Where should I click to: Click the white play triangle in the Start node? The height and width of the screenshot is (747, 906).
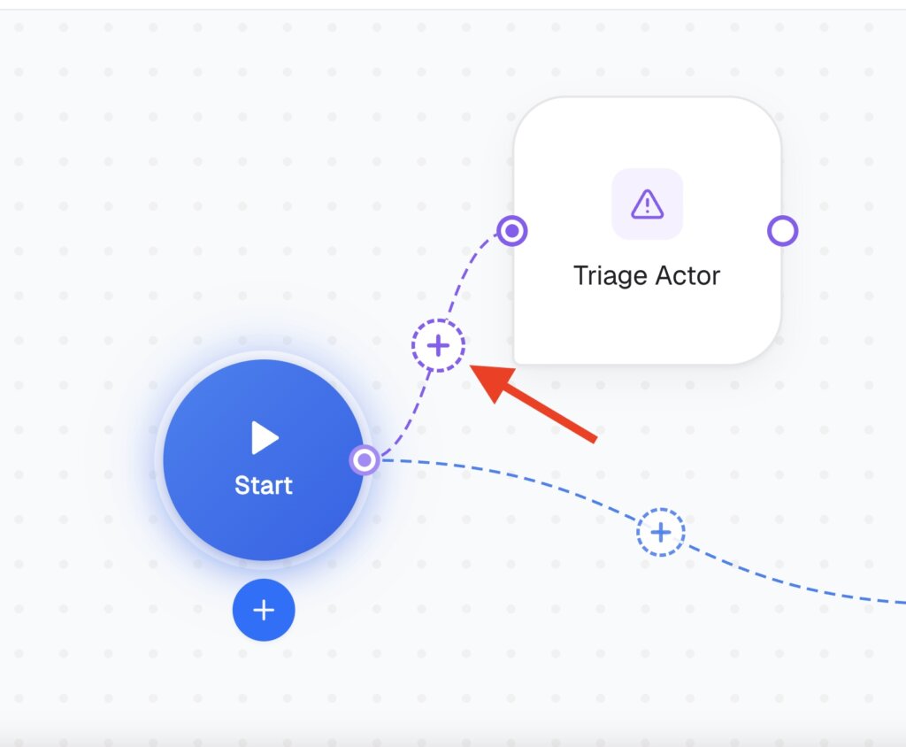pos(264,438)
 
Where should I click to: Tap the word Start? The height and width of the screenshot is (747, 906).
pos(264,485)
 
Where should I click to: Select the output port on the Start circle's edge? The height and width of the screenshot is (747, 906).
pos(365,460)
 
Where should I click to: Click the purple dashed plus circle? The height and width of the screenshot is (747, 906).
pos(438,345)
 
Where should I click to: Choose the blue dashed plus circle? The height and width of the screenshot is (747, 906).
pos(661,532)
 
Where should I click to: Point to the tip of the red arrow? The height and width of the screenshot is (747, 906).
pos(470,366)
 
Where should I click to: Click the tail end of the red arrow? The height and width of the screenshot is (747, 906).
pos(595,439)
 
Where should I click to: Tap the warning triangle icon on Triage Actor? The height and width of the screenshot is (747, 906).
pos(647,204)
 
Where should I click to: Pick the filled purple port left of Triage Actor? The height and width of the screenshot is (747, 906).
pos(512,231)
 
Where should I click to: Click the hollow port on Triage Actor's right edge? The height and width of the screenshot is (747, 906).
pos(782,231)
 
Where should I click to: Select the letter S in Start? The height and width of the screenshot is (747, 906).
pos(242,486)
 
